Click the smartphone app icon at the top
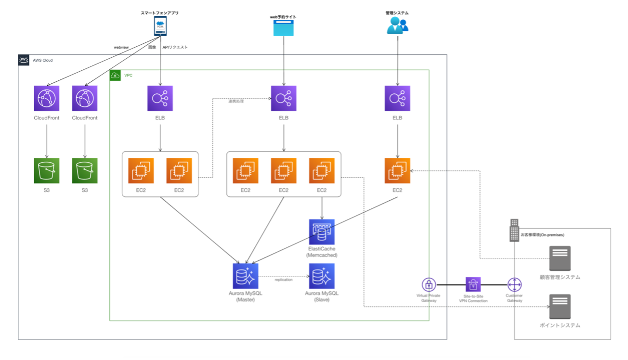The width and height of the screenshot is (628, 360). coord(160,26)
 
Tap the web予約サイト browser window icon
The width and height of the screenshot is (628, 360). coord(283,28)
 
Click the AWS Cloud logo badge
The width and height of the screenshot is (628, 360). coord(24,60)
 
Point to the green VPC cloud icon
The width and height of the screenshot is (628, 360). coord(116,76)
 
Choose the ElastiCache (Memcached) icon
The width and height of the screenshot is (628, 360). coord(322,232)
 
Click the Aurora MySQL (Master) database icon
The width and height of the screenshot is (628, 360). coord(245,276)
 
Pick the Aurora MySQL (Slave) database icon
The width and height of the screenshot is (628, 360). coord(322,276)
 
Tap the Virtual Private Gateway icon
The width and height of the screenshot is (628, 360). coord(429,284)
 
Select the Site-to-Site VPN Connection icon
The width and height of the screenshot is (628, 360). coord(473,284)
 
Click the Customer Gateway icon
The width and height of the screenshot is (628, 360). coord(514,284)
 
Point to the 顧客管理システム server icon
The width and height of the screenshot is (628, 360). coord(560,258)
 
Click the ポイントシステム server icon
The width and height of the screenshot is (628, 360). coord(560,307)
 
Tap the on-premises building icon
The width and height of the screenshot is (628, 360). coord(514,230)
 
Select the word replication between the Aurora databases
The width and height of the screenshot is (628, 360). coord(283,280)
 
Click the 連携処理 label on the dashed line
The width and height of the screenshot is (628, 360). coord(236,101)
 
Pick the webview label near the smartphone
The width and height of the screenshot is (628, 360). coord(121,47)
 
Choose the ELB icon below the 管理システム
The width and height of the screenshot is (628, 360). coord(397,98)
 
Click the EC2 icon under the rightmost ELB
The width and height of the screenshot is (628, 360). coord(397,171)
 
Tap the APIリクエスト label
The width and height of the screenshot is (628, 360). coord(175,47)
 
